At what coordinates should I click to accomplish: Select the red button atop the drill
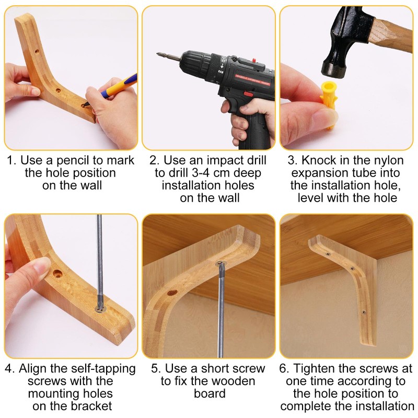click(x=254, y=60)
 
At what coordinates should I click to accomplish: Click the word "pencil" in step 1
click(x=75, y=160)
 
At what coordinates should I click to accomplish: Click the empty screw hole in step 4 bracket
click(x=57, y=273)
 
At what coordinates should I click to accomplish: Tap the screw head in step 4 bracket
click(x=100, y=309)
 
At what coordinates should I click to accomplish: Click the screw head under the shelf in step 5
click(x=220, y=264)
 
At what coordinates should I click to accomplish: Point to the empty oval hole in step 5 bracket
click(x=172, y=293)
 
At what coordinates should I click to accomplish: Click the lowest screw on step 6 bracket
click(x=364, y=312)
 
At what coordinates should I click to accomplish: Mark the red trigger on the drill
click(x=249, y=94)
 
